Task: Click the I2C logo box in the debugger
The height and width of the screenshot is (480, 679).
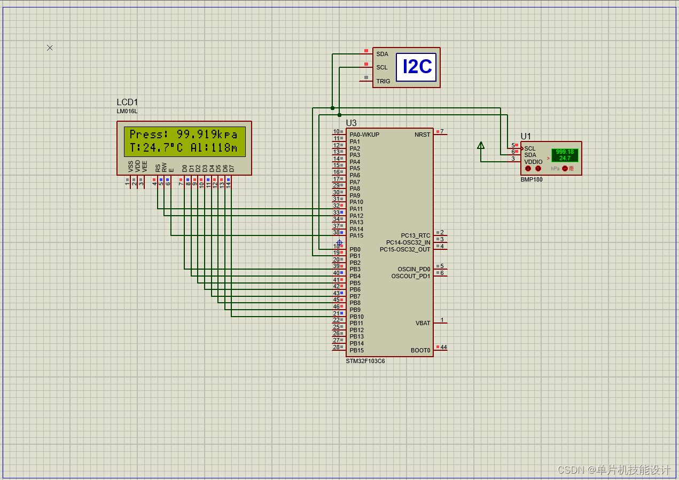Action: pos(416,67)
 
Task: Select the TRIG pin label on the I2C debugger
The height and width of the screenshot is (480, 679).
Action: pos(383,81)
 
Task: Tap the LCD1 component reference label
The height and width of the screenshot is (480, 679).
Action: pos(127,103)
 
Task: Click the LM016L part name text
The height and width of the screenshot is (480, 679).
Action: pos(127,112)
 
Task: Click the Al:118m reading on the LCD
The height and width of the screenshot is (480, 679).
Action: pos(214,148)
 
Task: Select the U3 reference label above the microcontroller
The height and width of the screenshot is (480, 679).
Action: pos(351,123)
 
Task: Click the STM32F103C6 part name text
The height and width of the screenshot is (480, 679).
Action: pos(365,361)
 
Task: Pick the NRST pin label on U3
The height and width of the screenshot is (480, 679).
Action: pos(422,135)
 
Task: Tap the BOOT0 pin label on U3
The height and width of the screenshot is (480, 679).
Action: pos(420,350)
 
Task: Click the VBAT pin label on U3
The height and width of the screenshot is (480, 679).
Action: pos(423,323)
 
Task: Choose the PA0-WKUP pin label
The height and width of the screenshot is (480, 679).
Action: pos(364,135)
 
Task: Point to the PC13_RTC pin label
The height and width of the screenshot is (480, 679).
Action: pos(415,235)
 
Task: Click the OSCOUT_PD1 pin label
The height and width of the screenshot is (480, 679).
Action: pos(410,276)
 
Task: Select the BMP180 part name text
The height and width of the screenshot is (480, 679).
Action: pos(531,179)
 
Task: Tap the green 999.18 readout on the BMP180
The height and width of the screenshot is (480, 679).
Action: pos(565,152)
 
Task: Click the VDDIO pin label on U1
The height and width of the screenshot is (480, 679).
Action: pos(533,162)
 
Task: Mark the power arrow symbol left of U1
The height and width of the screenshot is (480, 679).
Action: pos(481,145)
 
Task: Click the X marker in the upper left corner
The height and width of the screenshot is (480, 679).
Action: pos(50,48)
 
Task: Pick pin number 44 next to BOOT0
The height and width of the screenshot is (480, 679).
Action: pos(443,347)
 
